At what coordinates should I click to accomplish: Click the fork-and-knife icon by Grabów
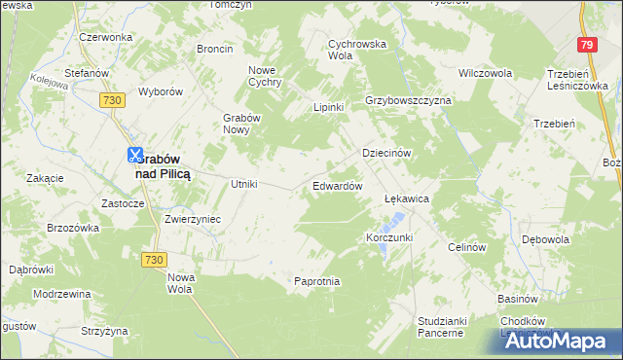tap(134, 154)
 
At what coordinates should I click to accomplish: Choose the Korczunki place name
tap(389, 237)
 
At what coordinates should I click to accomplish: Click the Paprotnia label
tap(317, 281)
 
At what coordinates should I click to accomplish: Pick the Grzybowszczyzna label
tap(408, 100)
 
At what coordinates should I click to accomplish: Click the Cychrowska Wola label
tap(357, 50)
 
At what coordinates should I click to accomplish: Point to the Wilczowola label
tap(486, 73)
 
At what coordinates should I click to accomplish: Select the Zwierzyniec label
tap(193, 219)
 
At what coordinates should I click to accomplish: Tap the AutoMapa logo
tap(559, 341)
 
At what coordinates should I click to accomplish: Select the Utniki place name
tap(242, 184)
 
